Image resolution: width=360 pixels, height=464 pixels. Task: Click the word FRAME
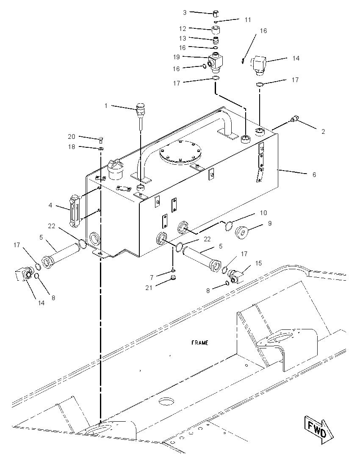coord(200,342)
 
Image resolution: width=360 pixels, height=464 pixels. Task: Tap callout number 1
coord(106,106)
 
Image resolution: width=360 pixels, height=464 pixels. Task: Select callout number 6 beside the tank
coord(314,174)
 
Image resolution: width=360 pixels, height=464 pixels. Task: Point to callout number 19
coord(177,57)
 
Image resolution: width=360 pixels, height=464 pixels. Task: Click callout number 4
coord(50,205)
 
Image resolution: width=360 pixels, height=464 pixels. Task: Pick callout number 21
coord(149,287)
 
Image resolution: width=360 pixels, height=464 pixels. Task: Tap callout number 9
coord(270,224)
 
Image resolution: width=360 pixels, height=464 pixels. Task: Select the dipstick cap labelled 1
coord(140,107)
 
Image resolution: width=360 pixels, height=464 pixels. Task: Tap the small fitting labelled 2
coord(294,119)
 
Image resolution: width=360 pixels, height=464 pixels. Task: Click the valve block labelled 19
coord(216,62)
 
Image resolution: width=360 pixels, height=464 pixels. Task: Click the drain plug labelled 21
coord(174,278)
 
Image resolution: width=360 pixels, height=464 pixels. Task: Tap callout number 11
coord(248,20)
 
